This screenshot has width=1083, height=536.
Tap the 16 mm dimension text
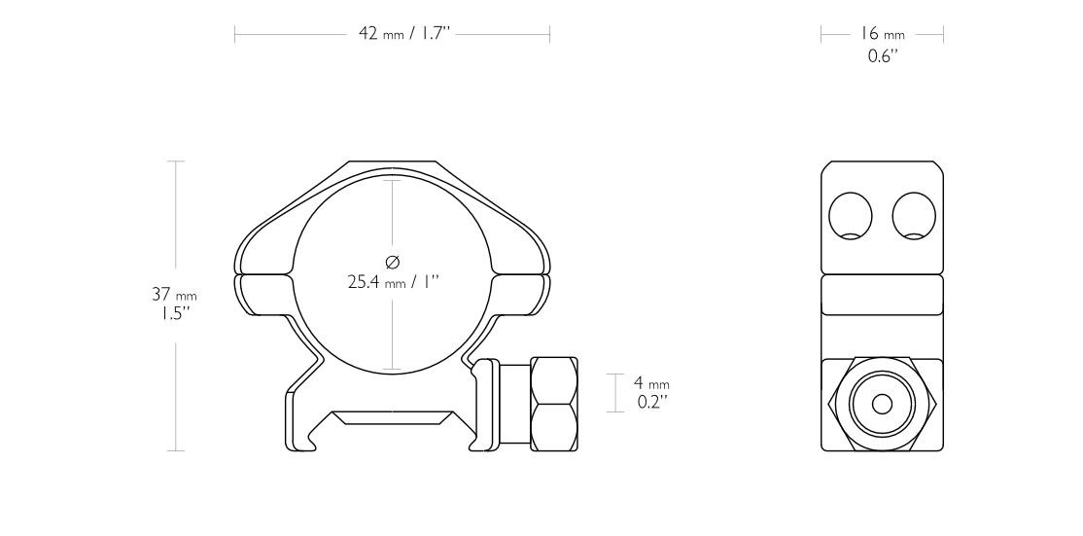click(881, 34)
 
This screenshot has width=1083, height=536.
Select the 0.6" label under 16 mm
click(881, 55)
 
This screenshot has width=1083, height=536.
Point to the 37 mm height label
click(175, 294)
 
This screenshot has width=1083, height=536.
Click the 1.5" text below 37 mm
click(175, 314)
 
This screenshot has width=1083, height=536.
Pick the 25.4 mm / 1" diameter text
click(393, 283)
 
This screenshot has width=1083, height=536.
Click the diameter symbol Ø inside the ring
click(392, 262)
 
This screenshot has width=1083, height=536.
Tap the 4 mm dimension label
click(651, 383)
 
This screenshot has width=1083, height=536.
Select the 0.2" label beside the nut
click(651, 401)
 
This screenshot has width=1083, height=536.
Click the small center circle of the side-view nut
click(882, 404)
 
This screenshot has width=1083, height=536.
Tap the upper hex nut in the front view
click(553, 380)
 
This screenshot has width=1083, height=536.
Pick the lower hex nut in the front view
click(553, 428)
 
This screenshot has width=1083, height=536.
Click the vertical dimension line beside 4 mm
click(615, 392)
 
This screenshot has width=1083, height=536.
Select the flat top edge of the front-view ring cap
click(393, 163)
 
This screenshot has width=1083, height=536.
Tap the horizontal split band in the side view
click(882, 295)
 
